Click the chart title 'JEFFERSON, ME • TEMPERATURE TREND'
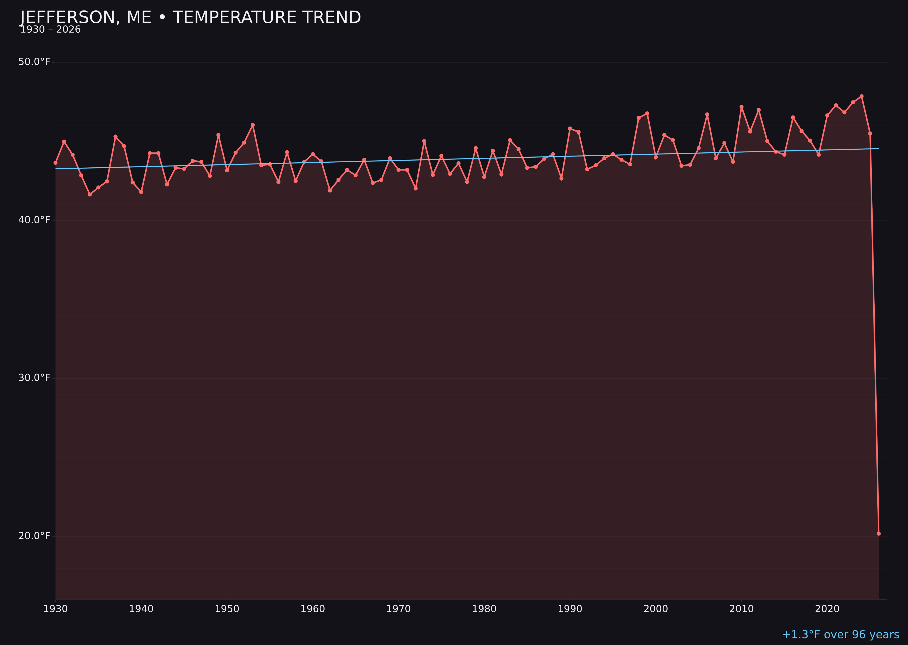click(190, 17)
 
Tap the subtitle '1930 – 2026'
click(50, 30)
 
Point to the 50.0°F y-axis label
click(34, 62)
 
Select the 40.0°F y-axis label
click(34, 220)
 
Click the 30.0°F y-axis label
click(34, 378)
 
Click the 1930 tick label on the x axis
click(55, 609)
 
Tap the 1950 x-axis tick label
click(227, 609)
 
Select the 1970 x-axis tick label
click(398, 609)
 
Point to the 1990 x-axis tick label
click(570, 609)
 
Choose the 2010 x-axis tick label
click(741, 609)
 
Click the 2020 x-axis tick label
click(827, 609)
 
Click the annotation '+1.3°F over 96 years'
click(840, 635)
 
